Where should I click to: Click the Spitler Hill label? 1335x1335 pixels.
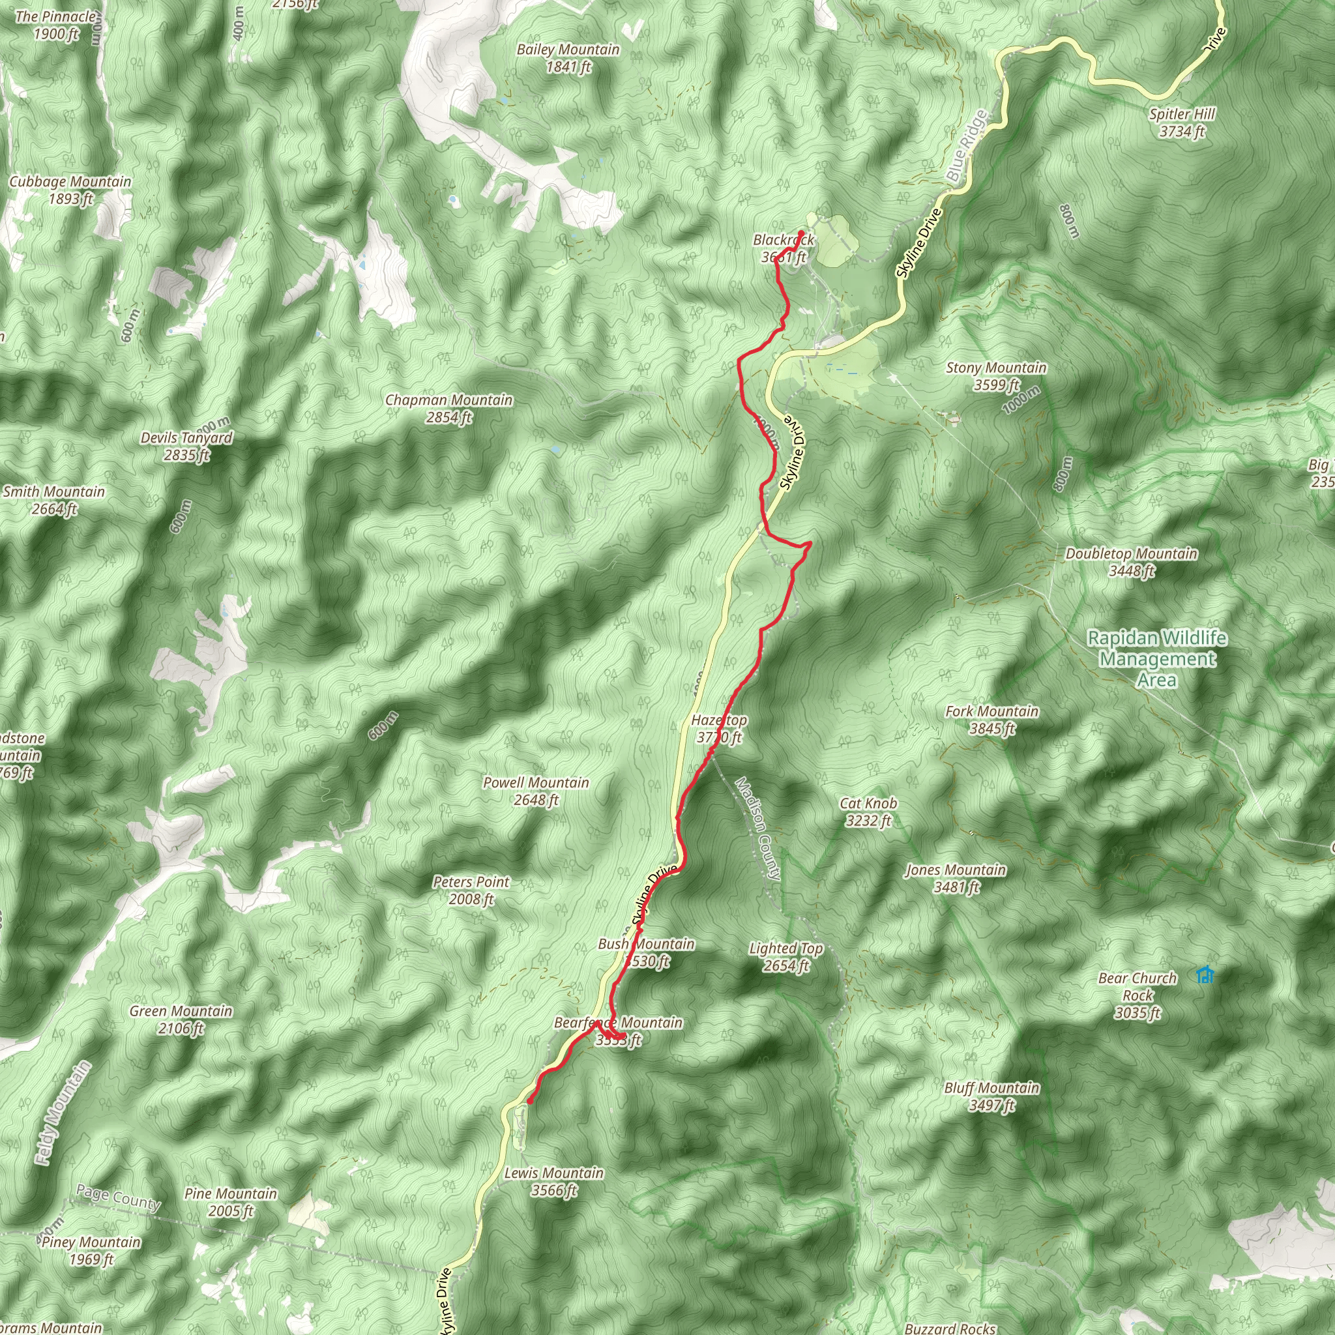click(x=1182, y=123)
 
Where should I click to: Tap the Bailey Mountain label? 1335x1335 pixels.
click(x=568, y=58)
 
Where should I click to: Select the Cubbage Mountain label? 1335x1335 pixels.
click(x=70, y=190)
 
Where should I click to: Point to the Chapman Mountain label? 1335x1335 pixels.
click(x=449, y=408)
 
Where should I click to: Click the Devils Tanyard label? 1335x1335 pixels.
click(x=186, y=446)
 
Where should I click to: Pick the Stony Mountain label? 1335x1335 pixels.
click(x=996, y=376)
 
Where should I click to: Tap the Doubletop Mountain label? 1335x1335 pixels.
click(x=1131, y=562)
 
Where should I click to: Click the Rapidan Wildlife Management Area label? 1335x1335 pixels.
click(x=1158, y=658)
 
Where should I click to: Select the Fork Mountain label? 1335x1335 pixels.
click(x=992, y=720)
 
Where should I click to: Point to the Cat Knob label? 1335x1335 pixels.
click(x=868, y=811)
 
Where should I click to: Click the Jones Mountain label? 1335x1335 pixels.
click(x=956, y=877)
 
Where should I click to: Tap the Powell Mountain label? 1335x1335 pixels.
click(x=536, y=791)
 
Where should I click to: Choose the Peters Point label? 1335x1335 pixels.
click(x=471, y=890)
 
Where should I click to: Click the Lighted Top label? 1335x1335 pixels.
click(x=786, y=956)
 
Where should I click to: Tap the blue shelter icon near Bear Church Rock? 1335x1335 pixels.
click(x=1205, y=975)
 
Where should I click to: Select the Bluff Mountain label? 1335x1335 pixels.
click(x=992, y=1096)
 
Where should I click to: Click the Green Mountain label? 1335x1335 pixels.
click(x=181, y=1020)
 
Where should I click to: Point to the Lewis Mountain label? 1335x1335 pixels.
click(x=554, y=1181)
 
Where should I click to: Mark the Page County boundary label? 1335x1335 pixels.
click(x=118, y=1196)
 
